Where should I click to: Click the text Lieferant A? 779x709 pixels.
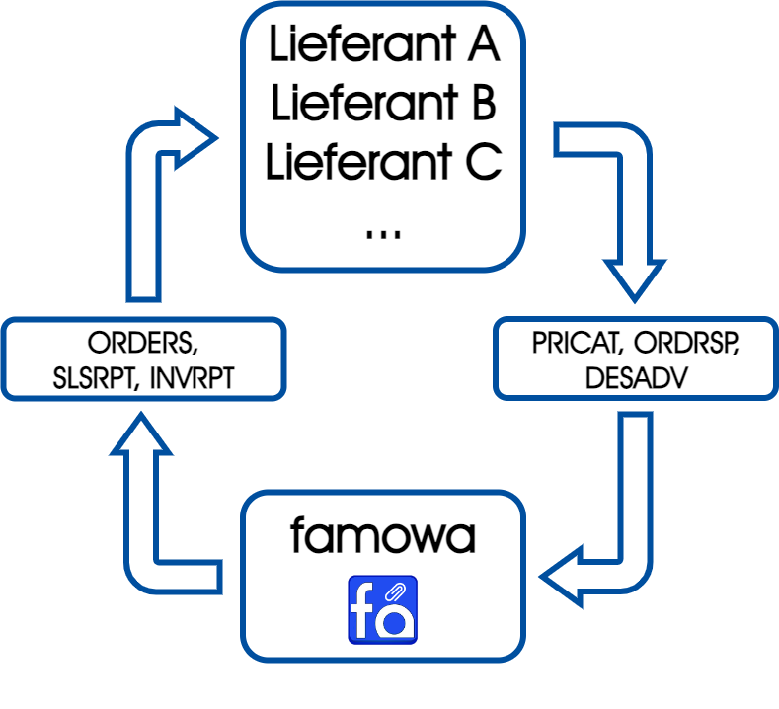pyautogui.click(x=383, y=46)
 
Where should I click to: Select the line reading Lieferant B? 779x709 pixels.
pyautogui.click(x=383, y=104)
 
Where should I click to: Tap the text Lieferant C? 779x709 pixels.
pyautogui.click(x=383, y=162)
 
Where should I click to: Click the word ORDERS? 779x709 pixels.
pyautogui.click(x=140, y=345)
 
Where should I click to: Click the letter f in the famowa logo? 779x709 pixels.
pyautogui.click(x=367, y=610)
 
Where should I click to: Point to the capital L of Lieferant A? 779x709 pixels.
pyautogui.click(x=278, y=46)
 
